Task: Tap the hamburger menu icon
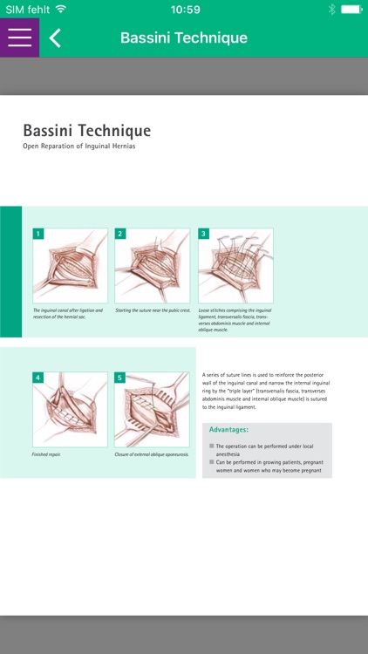19,37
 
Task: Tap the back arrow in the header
55,37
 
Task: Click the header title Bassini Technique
183,37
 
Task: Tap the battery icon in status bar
351,10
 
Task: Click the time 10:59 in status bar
185,10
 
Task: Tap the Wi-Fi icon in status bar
60,10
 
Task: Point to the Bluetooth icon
331,10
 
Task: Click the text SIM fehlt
24,10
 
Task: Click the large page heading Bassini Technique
86,131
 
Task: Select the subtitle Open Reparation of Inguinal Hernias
79,146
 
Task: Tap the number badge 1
38,234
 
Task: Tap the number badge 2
120,234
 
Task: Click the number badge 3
203,234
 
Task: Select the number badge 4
38,378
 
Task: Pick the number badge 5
120,378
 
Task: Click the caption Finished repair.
47,454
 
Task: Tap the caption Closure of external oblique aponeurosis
152,454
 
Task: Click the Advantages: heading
229,430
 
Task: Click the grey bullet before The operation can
211,446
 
